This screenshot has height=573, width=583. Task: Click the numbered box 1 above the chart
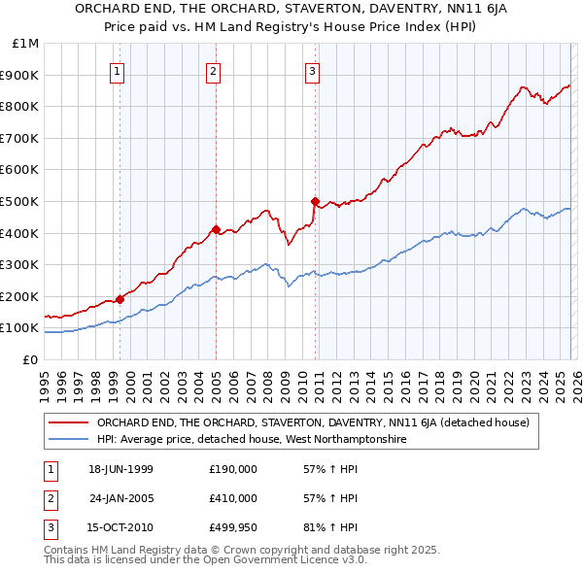(117, 70)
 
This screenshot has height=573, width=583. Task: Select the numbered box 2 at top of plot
(213, 70)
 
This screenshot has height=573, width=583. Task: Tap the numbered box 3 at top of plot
(312, 70)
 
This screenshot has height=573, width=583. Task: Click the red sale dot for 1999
(120, 299)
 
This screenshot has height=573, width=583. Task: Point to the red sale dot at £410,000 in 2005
(216, 229)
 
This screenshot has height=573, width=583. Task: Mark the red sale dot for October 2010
(315, 201)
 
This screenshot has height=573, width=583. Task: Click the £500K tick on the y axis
(19, 201)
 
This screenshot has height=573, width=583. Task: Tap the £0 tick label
(30, 359)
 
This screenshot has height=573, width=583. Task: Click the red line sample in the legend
(69, 422)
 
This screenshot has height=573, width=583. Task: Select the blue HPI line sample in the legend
(69, 439)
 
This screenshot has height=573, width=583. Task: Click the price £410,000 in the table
(233, 498)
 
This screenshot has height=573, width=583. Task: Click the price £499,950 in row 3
(233, 527)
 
